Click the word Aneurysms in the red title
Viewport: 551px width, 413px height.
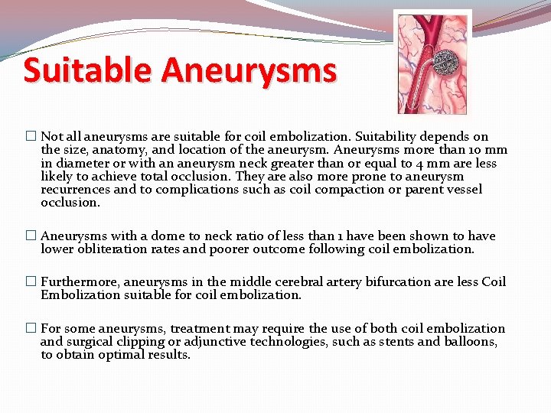249,71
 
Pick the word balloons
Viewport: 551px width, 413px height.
471,341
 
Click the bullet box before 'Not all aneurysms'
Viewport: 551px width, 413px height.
31,137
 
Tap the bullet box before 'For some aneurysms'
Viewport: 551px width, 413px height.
31,328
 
